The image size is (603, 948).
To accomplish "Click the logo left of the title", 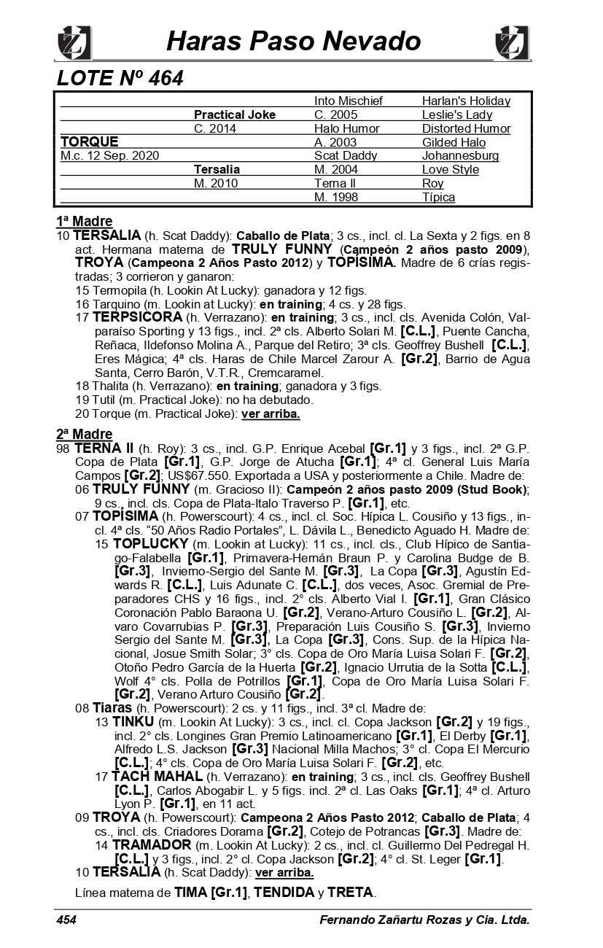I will tap(74, 43).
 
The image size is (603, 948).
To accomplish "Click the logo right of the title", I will tap(511, 43).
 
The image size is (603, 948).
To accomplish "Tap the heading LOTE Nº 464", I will tap(120, 78).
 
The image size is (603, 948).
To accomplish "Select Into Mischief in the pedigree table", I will tap(349, 101).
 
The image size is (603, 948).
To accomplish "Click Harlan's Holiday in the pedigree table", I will tap(466, 101).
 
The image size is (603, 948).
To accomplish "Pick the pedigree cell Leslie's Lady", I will tap(457, 114).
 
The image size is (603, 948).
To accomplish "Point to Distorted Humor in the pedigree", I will tap(466, 128).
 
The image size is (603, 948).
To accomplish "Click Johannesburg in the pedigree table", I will tap(460, 156).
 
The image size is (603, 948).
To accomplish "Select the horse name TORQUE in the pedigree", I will tap(89, 141).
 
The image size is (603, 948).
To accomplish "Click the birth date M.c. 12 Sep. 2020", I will tap(109, 156).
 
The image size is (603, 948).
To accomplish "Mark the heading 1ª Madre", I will tap(85, 221).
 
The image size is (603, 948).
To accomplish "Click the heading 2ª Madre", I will tap(85, 435).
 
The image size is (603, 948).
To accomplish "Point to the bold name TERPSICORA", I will tap(137, 317).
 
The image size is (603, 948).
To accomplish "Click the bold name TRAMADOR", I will tap(152, 845).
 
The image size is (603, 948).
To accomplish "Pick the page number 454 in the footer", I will tap(66, 920).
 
